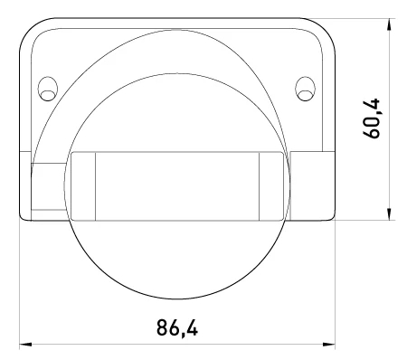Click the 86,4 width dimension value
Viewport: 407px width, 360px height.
point(177,327)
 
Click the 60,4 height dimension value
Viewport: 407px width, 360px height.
point(372,118)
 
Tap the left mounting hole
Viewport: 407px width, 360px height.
point(48,89)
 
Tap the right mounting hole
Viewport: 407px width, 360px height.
point(305,89)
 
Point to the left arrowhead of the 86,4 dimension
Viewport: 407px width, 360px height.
point(25,344)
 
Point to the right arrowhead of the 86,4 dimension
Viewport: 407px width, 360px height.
point(329,344)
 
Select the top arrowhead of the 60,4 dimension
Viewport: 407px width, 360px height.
point(389,24)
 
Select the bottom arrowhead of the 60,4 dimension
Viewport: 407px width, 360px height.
point(389,214)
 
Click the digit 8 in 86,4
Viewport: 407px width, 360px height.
point(162,327)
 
